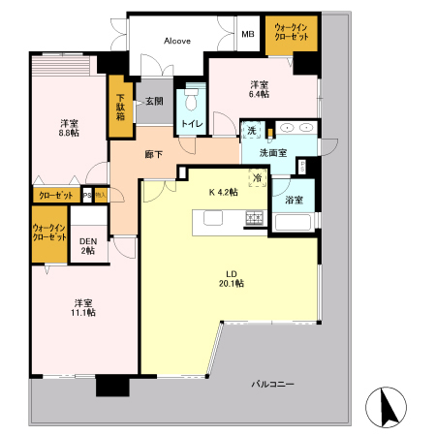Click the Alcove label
click(176, 41)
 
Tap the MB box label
click(248, 35)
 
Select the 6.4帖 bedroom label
click(258, 89)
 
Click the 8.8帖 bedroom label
click(68, 128)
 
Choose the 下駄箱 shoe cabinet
click(121, 106)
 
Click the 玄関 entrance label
click(155, 100)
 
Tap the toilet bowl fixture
click(191, 101)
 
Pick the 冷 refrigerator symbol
click(258, 177)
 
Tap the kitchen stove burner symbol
click(255, 218)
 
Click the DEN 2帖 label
click(89, 246)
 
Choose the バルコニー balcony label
click(273, 385)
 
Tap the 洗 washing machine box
click(250, 131)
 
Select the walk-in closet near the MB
click(291, 35)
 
